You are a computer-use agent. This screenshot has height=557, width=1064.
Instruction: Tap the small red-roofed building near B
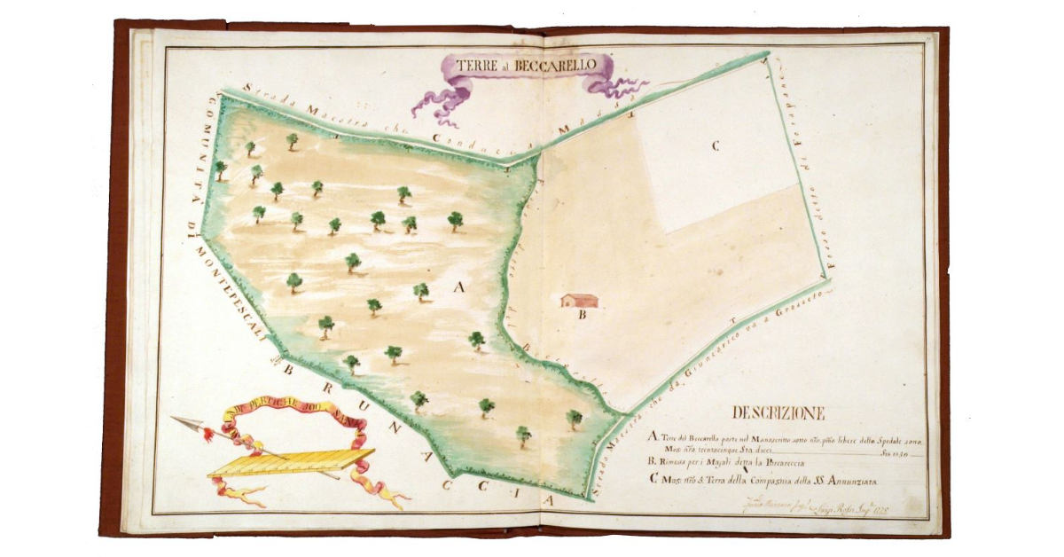[x=579, y=300]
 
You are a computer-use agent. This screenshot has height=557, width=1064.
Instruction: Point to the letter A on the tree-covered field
[x=458, y=286]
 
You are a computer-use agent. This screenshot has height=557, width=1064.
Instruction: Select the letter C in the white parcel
[x=714, y=147]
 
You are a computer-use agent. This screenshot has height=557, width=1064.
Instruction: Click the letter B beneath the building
[x=583, y=314]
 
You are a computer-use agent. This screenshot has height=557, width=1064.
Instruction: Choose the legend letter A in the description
[x=653, y=437]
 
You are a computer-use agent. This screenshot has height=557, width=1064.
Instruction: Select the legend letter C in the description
[x=653, y=482]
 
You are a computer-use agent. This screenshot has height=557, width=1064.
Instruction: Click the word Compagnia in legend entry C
[x=771, y=482]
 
